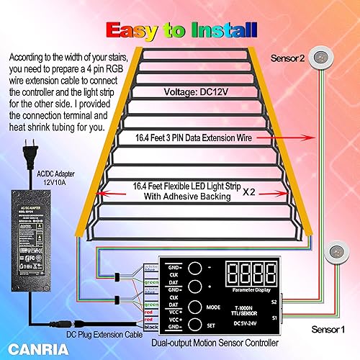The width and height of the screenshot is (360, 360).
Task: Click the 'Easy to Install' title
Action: click(x=181, y=30)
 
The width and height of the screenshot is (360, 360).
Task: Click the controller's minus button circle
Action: click(x=194, y=268)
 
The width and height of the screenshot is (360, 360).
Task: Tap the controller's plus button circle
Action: click(x=194, y=287)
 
